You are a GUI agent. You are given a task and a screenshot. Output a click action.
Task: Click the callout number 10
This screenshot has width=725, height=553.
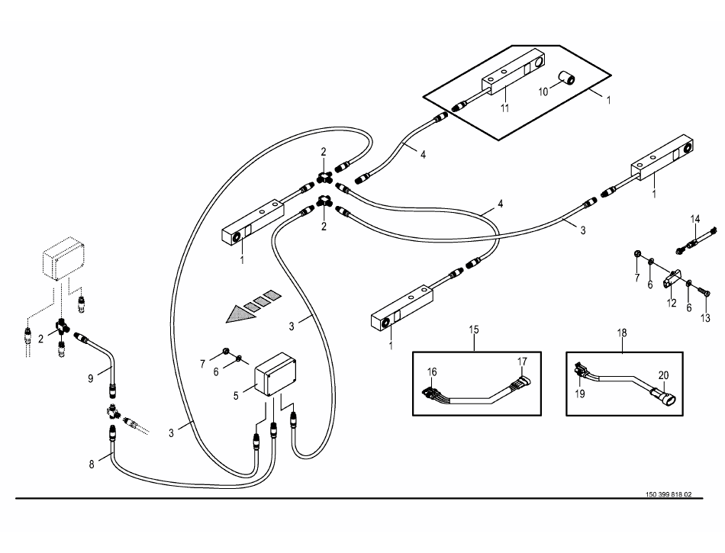(x=544, y=92)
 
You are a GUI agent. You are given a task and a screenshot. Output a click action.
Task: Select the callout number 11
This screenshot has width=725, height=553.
(x=504, y=108)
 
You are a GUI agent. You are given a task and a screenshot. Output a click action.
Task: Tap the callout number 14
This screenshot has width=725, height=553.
(x=694, y=220)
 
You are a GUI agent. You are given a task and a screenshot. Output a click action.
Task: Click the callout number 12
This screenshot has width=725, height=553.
(x=672, y=302)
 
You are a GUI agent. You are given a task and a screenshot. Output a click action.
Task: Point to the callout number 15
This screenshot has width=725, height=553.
(x=474, y=330)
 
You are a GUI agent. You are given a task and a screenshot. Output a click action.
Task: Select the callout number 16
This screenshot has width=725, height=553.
(x=432, y=371)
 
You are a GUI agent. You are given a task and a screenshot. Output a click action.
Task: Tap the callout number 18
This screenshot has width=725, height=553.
(x=623, y=333)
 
